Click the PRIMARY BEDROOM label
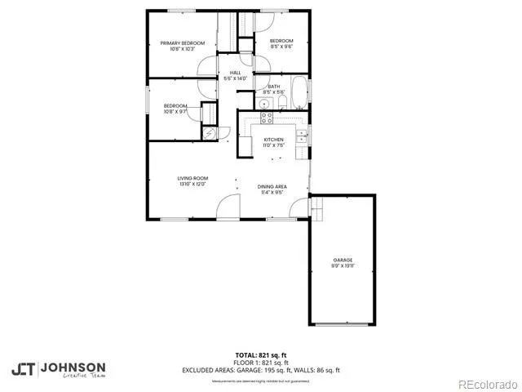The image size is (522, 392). pyautogui.click(x=182, y=43)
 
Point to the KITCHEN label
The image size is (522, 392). pyautogui.click(x=273, y=140)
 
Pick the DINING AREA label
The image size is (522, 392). pyautogui.click(x=272, y=187)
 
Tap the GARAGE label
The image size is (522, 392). pyautogui.click(x=342, y=260)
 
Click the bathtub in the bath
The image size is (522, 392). pyautogui.click(x=299, y=93)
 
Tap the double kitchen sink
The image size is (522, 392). pyautogui.click(x=301, y=135)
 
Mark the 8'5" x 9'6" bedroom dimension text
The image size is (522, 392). pyautogui.click(x=281, y=47)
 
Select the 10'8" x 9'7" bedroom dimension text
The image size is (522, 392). pyautogui.click(x=175, y=111)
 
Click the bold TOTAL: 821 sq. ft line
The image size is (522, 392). pyautogui.click(x=261, y=355)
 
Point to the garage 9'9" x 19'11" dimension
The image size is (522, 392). pyautogui.click(x=342, y=266)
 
